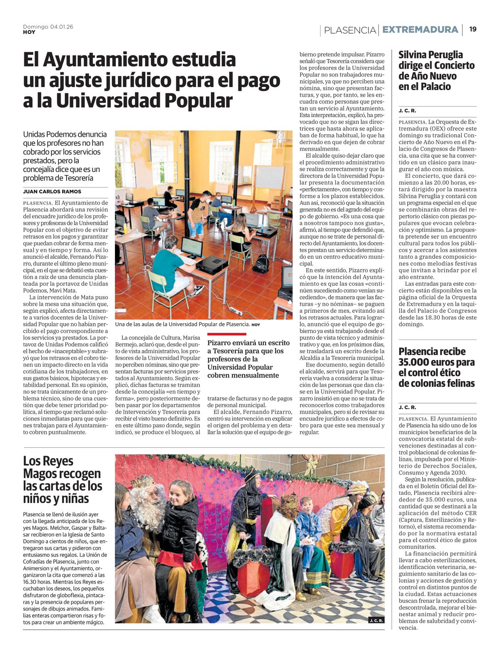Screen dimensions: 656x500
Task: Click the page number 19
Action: [473, 29]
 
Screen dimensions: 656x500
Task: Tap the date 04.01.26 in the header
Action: [62, 27]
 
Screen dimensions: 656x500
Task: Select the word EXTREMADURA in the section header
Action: [420, 30]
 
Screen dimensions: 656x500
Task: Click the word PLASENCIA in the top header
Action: [350, 30]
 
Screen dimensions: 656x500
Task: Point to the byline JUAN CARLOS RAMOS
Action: [52, 192]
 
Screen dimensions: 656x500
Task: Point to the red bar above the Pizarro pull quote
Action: [227, 334]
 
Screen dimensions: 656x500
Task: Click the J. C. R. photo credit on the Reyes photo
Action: [376, 620]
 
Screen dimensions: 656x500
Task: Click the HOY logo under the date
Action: [29, 32]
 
